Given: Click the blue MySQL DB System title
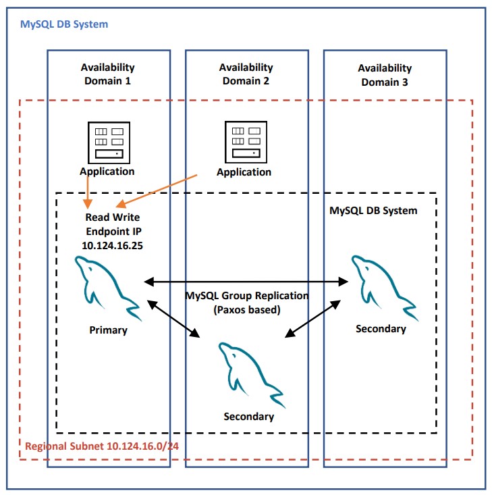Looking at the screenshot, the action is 64,24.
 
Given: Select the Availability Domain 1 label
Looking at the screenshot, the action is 107,74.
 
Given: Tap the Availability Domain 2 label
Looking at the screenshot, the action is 246,74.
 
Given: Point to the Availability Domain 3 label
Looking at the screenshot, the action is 385,75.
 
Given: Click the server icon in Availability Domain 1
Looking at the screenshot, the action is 109,142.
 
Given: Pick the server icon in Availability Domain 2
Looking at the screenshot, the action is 246,142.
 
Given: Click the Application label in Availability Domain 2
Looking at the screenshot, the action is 244,172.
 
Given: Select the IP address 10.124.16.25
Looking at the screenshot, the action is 112,246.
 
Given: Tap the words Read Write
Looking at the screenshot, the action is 113,217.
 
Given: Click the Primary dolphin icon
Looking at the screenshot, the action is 107,287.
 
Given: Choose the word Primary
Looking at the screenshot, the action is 108,330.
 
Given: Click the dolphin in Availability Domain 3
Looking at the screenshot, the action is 384,286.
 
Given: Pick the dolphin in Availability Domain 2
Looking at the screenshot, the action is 251,374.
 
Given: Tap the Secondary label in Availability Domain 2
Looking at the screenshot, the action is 249,417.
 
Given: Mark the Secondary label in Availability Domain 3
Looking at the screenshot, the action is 381,329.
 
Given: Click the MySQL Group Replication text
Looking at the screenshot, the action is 247,296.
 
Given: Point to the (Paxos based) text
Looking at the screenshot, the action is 247,310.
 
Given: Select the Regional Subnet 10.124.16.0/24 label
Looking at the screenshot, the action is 102,446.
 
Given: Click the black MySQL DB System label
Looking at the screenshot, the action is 373,211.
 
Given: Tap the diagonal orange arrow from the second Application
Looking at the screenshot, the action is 157,191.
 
